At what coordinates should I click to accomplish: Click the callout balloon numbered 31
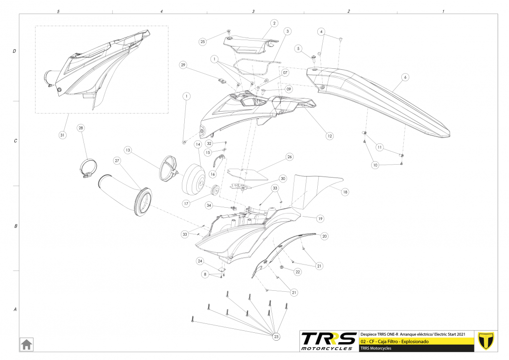(x=62, y=135)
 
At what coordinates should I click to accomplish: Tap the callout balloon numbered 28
(x=81, y=128)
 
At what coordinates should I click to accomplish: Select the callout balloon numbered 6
(x=405, y=77)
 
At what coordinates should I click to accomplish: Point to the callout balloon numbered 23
(x=276, y=336)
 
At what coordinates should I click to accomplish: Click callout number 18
(x=345, y=191)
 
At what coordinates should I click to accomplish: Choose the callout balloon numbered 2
(x=274, y=23)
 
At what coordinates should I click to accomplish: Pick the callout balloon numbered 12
(x=329, y=135)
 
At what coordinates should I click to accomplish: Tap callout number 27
(x=117, y=161)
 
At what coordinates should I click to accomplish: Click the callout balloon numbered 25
(x=202, y=42)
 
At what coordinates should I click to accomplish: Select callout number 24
(x=200, y=261)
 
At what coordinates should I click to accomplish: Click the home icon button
(x=26, y=344)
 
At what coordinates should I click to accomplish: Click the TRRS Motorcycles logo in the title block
(x=329, y=341)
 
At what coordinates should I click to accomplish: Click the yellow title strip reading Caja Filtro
(x=417, y=342)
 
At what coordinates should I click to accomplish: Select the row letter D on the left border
(x=15, y=51)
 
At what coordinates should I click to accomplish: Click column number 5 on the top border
(x=58, y=11)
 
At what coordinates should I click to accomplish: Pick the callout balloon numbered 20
(x=324, y=236)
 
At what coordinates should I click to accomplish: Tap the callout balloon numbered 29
(x=183, y=65)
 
